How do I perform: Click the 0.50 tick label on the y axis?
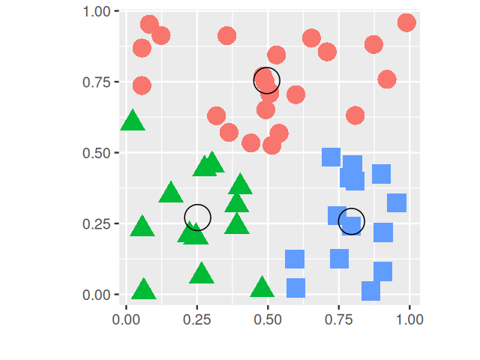pos(95,153)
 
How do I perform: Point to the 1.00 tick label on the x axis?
pos(409,319)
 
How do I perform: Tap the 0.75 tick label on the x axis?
pos(338,319)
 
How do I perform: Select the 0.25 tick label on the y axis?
pos(95,224)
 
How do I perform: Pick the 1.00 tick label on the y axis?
pos(95,11)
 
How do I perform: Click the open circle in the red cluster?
pos(266,80)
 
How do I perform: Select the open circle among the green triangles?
pos(197,217)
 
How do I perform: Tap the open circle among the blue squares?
pos(351,221)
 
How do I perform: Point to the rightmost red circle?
pos(406,22)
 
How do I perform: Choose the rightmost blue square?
pos(397,202)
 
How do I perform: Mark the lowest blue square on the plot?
pos(371,291)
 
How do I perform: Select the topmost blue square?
pos(331,157)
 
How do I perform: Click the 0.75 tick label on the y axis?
pos(95,82)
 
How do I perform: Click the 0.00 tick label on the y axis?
pos(95,295)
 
